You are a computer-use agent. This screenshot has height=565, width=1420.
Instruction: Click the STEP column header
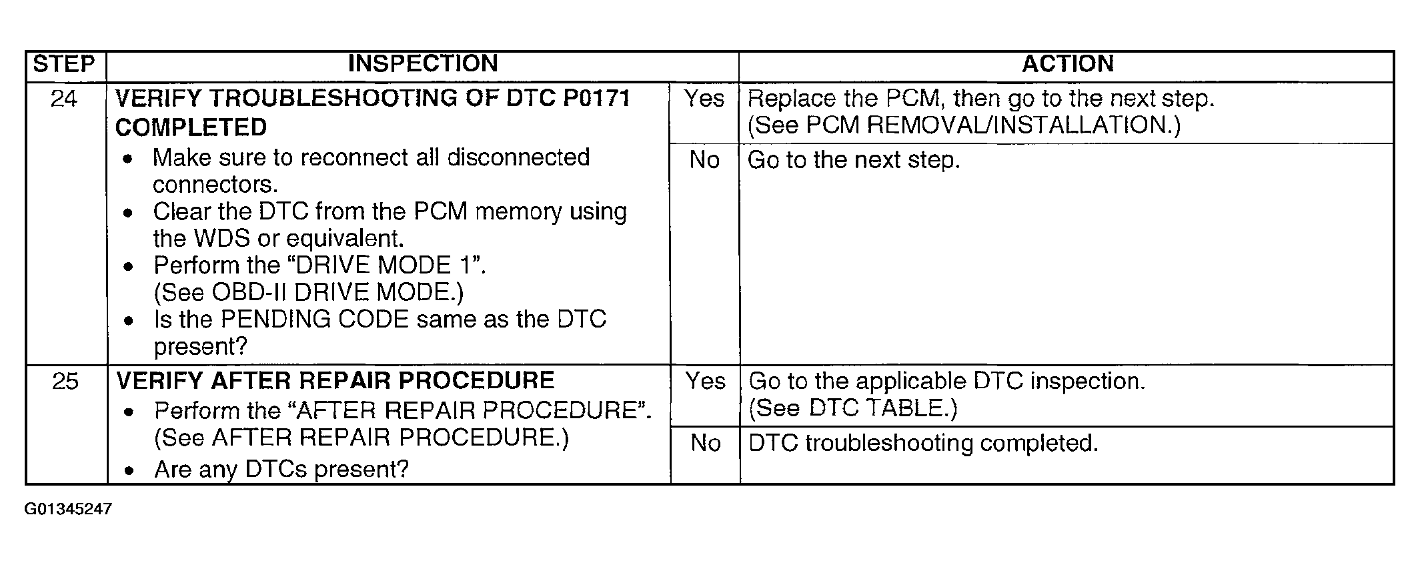64,65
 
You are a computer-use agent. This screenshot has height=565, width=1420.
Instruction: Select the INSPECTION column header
423,64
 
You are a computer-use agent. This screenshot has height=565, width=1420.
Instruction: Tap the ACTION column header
1068,64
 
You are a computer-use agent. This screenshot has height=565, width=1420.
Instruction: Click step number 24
64,99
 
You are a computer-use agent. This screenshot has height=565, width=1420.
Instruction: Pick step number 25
65,382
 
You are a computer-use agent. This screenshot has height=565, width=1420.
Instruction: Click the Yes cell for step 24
704,99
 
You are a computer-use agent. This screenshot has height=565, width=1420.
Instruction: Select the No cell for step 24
704,161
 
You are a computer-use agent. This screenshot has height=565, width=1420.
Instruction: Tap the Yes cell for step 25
705,382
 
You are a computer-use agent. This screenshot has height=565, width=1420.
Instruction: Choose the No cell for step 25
705,443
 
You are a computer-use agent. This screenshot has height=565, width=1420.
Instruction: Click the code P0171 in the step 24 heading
596,99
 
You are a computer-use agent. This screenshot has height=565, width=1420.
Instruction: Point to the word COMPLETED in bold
191,127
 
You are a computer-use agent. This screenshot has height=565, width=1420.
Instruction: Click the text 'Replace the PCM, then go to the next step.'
980,99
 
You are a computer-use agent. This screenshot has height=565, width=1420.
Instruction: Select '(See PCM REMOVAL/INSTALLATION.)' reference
963,125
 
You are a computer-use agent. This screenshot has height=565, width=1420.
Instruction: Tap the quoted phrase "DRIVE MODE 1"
386,265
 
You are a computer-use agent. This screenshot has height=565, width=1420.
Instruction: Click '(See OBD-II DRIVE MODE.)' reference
308,292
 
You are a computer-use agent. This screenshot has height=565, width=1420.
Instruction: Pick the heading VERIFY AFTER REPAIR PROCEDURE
335,381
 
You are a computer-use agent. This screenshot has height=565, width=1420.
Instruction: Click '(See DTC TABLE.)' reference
852,408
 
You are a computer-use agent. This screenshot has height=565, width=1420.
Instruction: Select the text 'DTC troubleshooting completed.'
923,444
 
